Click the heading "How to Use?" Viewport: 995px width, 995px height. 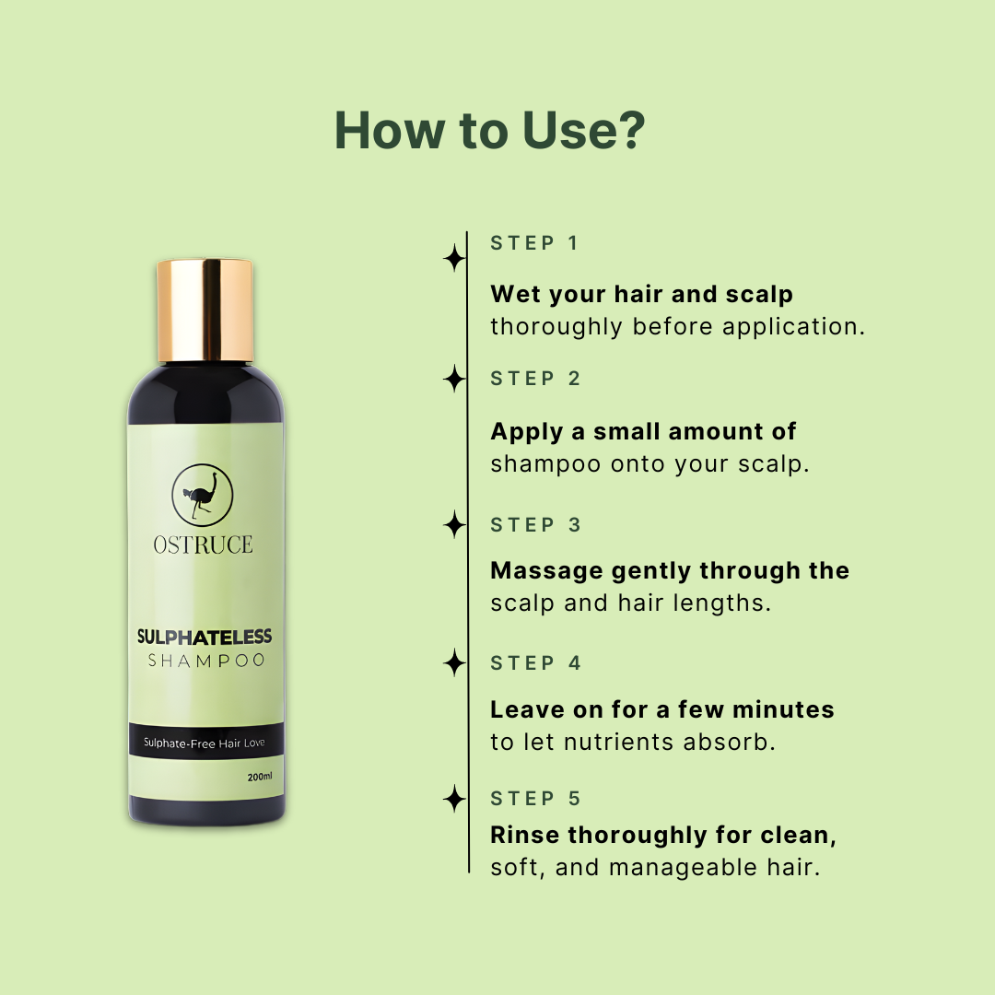489,131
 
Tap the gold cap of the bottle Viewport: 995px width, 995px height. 205,310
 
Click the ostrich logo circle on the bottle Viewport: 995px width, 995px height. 203,497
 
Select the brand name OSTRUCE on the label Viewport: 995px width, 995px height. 203,544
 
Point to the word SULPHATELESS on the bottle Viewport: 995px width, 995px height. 204,637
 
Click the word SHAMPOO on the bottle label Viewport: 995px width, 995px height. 206,661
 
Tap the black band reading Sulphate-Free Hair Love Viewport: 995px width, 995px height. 205,743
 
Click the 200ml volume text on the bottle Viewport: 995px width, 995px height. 260,777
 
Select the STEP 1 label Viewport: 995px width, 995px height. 534,243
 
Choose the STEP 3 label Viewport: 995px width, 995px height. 535,525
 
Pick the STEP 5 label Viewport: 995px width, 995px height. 535,799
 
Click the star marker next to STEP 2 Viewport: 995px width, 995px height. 454,379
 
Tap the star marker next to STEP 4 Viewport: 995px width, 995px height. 454,662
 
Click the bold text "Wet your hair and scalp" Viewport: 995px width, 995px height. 641,294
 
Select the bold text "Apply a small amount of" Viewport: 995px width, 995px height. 643,431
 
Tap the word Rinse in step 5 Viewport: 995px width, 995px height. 525,836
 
